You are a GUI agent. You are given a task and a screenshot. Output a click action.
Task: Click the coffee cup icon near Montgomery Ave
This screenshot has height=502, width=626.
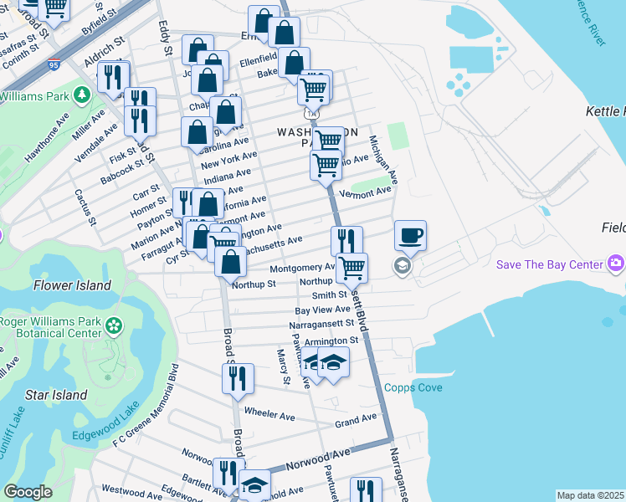[410, 236]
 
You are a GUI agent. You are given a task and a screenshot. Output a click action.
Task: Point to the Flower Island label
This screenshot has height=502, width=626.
[72, 285]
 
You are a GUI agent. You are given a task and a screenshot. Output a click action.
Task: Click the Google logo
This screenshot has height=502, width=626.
[28, 492]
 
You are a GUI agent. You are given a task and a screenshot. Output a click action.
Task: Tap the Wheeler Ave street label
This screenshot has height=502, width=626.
[269, 413]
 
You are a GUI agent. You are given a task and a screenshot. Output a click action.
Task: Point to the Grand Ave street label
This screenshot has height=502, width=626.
[356, 420]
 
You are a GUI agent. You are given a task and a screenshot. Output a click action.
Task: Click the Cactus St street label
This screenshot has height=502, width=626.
[86, 207]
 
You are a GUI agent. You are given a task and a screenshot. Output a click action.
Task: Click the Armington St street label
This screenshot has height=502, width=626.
[331, 341]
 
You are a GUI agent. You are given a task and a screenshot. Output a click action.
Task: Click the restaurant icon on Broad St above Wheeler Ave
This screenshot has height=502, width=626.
[238, 379]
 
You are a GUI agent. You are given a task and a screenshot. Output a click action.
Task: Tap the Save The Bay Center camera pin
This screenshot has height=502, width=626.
[617, 264]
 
